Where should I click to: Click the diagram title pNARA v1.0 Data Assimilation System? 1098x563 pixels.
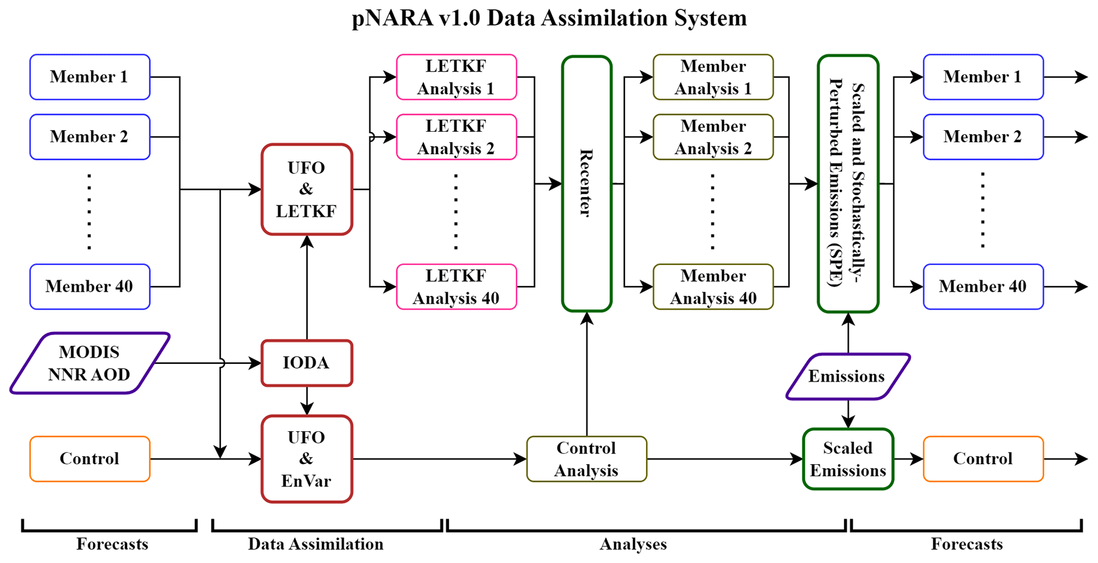coord(549,18)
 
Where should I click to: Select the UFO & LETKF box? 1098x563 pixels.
coord(307,189)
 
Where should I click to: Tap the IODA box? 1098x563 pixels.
coord(307,363)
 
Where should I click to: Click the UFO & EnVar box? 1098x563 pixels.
coord(307,459)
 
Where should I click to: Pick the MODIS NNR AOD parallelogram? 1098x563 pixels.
coord(89,363)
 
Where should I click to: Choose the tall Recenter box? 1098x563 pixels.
coord(586,183)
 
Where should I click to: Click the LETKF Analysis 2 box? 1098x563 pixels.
coord(456,137)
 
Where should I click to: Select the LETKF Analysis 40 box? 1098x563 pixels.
coord(456,287)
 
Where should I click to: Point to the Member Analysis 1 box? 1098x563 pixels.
coord(713,77)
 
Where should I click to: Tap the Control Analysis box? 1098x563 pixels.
coord(586,459)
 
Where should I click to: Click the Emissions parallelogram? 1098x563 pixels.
coord(848,377)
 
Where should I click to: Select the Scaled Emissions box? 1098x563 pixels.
coord(848,459)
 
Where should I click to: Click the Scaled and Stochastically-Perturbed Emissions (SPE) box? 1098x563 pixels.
coord(848,183)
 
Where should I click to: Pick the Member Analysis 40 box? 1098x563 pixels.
coord(713,287)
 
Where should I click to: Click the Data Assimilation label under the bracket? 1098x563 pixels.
coord(316,544)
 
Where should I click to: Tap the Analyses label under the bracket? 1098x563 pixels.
coord(633,544)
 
